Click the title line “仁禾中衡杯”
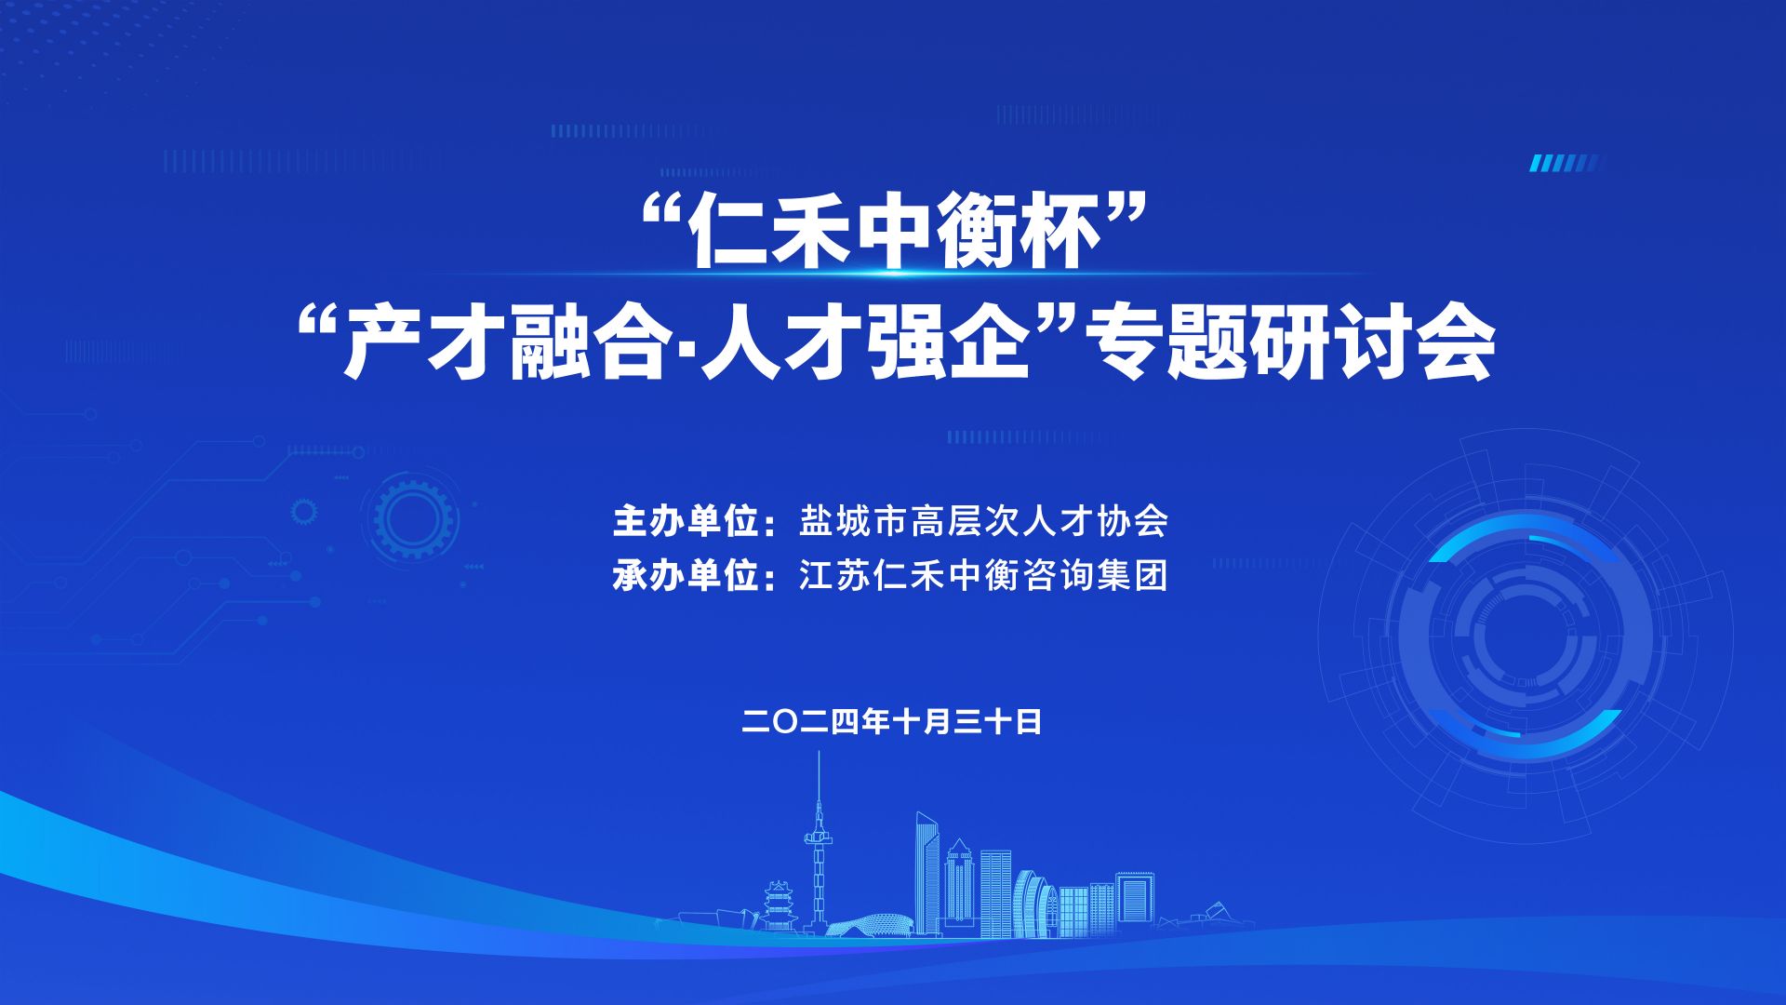(x=893, y=233)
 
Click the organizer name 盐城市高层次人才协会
(x=983, y=522)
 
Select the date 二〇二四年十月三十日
(x=892, y=722)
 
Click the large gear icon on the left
(x=414, y=517)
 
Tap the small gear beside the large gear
(x=303, y=511)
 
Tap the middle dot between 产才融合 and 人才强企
(x=686, y=348)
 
